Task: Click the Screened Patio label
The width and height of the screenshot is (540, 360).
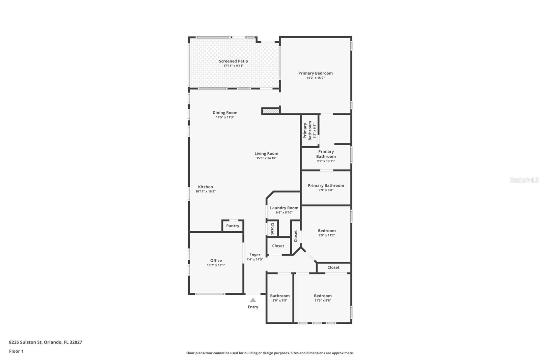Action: point(233,61)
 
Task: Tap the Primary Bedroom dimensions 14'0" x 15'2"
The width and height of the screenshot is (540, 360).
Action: point(315,78)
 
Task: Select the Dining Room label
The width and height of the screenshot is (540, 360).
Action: point(225,113)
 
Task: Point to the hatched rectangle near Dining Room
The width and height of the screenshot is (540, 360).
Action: point(271,111)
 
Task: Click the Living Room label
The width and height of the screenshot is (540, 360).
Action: point(266,153)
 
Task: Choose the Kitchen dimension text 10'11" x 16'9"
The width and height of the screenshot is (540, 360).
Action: point(205,191)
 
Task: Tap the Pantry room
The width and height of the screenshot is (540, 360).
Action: point(233,226)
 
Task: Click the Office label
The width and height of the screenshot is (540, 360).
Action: point(216,260)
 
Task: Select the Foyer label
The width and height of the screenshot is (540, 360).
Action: point(255,255)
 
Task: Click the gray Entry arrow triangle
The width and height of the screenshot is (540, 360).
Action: point(253,300)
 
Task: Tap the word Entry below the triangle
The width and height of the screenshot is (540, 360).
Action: point(253,307)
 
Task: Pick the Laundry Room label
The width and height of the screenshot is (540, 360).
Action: point(284,208)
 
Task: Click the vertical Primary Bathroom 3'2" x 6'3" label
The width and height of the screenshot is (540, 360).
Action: point(309,131)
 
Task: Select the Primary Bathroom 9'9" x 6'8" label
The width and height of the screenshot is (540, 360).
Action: point(326,185)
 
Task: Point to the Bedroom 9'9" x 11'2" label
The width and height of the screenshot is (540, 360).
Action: point(327,231)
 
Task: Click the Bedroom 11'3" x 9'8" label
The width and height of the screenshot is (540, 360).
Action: point(323,296)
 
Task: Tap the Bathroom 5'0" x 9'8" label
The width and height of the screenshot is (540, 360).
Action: point(279,296)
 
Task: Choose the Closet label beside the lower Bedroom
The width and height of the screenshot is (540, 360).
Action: point(333,267)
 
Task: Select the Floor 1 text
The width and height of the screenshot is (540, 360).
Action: point(16,351)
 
